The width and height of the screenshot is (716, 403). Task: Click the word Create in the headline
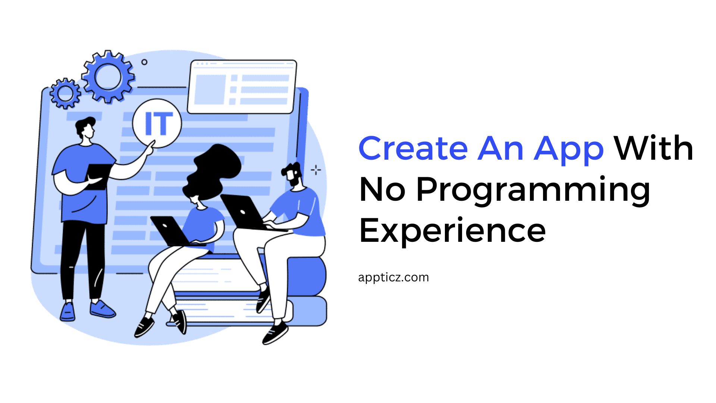(413, 149)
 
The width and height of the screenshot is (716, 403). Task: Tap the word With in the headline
(653, 149)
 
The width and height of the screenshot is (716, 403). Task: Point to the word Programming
(533, 190)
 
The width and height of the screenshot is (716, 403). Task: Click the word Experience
(452, 231)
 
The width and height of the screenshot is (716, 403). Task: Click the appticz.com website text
(393, 278)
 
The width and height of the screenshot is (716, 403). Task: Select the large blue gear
(108, 77)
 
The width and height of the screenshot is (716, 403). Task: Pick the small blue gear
(65, 93)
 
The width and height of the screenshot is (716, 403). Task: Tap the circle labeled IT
(157, 123)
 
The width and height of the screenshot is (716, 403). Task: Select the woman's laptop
(170, 230)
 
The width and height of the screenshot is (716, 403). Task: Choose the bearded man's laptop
(242, 212)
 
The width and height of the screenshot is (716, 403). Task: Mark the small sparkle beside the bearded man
(316, 170)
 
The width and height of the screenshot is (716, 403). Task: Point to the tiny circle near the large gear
(144, 62)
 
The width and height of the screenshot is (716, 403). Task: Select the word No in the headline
(382, 190)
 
